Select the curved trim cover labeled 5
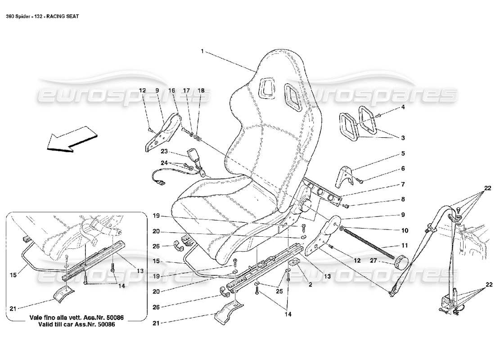tap(344, 176)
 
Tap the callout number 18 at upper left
tap(201, 90)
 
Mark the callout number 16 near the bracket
tap(172, 90)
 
